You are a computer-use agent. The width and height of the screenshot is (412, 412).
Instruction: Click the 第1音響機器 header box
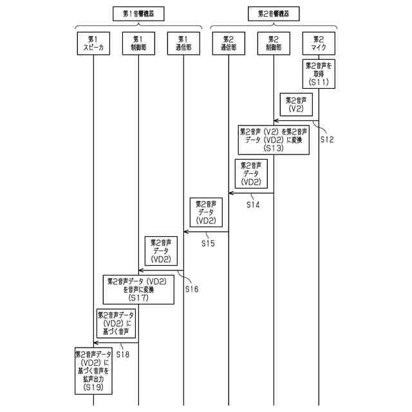coord(138,13)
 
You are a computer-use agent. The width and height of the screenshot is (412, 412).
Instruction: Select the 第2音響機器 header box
coord(274,13)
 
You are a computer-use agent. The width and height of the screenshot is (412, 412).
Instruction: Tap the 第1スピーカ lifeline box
coord(93,43)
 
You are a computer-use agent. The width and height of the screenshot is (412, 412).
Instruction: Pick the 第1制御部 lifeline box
coord(138,43)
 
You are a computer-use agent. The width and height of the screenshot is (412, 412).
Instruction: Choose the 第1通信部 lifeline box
coord(183,43)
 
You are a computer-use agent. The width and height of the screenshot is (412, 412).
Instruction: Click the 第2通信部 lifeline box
coord(229,43)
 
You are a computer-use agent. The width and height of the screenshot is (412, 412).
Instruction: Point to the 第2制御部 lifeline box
coord(274,43)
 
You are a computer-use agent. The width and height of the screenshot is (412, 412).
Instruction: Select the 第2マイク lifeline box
coord(319,43)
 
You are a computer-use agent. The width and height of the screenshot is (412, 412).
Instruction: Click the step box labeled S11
coord(319,74)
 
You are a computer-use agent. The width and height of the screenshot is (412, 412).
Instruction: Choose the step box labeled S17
coord(138,289)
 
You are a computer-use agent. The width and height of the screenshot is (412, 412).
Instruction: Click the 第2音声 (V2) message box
coord(296,105)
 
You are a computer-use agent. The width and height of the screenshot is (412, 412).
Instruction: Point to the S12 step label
coord(326,140)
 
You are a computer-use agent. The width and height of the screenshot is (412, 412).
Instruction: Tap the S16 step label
coord(191,289)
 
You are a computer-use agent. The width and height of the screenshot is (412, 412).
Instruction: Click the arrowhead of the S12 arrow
coord(276,120)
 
